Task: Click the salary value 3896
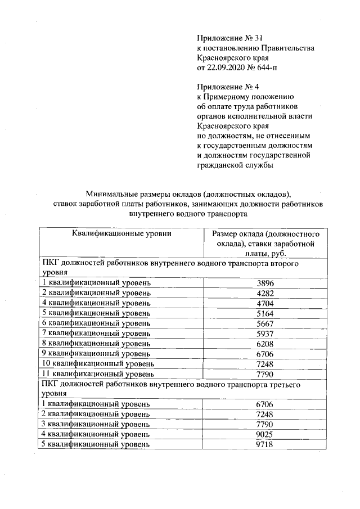(x=264, y=283)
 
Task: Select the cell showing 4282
(x=264, y=293)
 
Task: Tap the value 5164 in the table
(x=264, y=313)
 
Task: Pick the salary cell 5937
(x=264, y=334)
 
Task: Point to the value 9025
(x=264, y=434)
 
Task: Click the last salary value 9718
(x=264, y=444)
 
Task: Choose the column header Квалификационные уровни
(x=121, y=233)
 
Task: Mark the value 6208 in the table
(x=264, y=344)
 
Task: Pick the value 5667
(x=264, y=323)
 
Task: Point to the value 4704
(x=264, y=303)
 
